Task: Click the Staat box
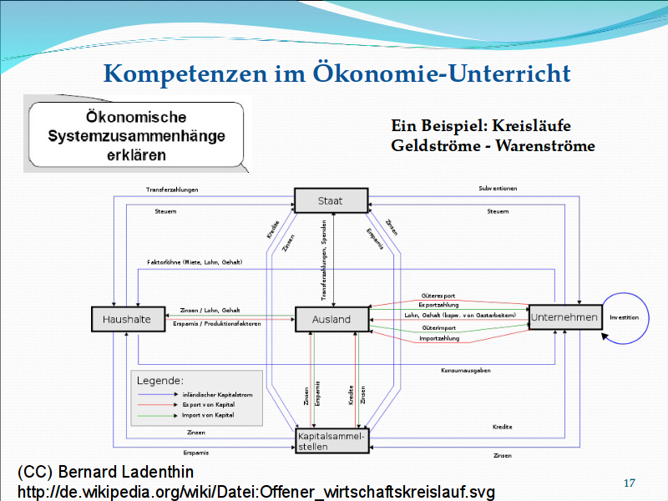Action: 331,201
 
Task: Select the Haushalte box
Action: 127,318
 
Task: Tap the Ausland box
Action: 331,319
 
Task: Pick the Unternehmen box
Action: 565,317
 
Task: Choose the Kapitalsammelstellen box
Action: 331,441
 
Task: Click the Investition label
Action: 625,317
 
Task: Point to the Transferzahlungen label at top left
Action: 172,190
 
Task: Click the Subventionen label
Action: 498,189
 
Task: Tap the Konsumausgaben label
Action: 466,369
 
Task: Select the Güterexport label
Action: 438,296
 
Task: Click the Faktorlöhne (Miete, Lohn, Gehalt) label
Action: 195,263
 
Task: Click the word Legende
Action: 160,380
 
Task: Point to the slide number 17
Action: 630,483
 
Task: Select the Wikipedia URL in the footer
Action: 256,492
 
